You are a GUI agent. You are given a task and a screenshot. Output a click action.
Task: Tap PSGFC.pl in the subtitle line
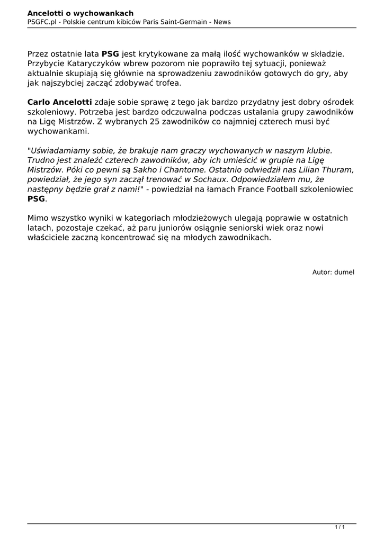(42, 22)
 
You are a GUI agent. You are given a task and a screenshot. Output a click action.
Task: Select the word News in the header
(221, 22)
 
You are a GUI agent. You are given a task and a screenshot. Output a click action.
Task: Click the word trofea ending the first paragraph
(165, 83)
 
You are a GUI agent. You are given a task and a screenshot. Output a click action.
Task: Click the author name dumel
(344, 272)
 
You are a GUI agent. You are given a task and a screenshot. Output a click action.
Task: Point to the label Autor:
(322, 272)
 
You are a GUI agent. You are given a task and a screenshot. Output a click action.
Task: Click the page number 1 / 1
(340, 527)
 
